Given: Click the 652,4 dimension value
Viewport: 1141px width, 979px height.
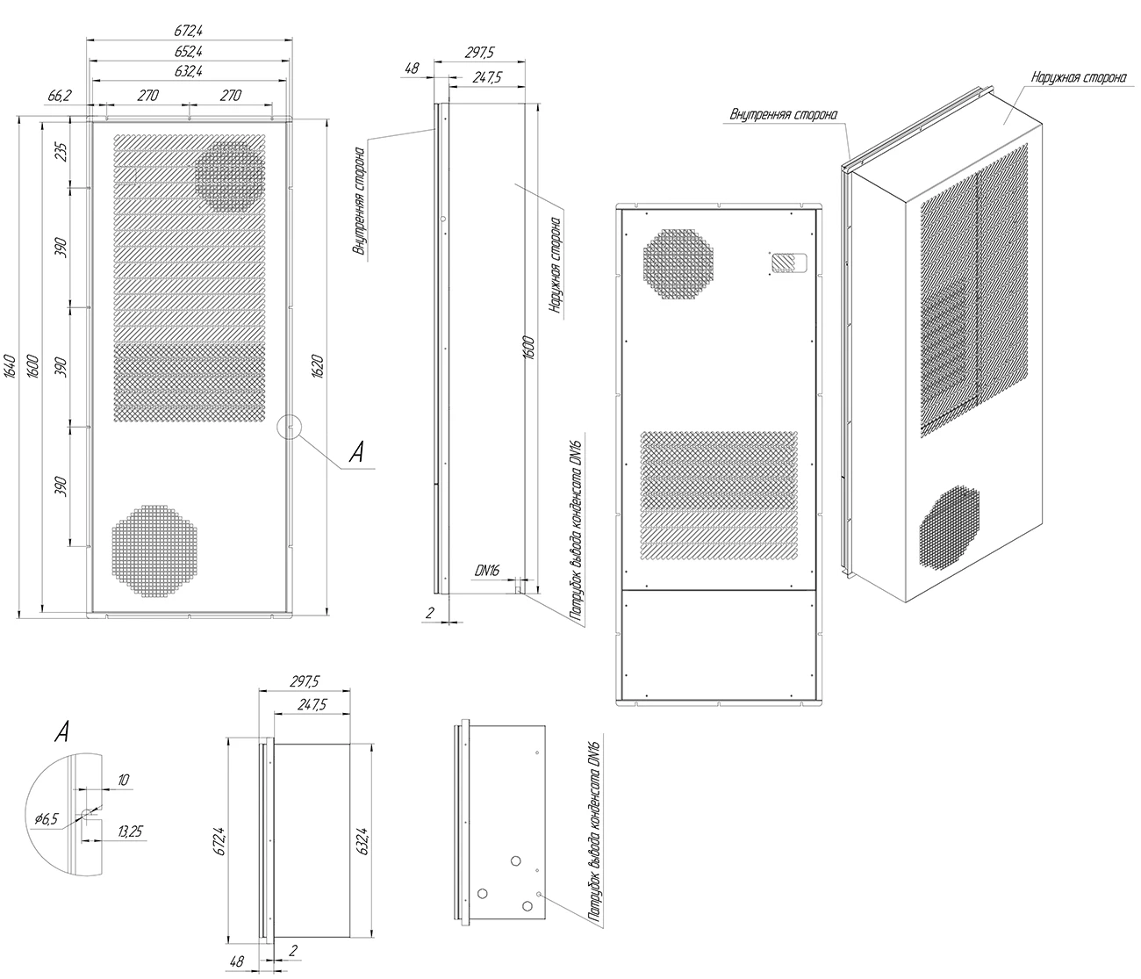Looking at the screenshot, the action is tap(189, 51).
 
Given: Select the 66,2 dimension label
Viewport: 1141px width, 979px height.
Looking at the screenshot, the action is tap(60, 96).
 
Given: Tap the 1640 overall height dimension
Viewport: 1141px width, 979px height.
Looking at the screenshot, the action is tap(11, 367).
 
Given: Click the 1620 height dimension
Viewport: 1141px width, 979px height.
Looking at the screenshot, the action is tap(318, 367).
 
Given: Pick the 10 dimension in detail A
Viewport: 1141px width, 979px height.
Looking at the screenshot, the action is tap(123, 780).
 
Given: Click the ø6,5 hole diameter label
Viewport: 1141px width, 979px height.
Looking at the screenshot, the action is tap(47, 819).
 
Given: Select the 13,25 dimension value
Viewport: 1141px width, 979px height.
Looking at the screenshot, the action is tap(131, 831).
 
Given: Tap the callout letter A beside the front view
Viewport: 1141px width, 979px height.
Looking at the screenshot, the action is tap(356, 452).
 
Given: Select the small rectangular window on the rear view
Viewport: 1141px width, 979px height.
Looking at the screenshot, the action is tap(789, 263).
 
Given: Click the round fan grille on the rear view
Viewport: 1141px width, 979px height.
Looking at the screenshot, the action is tap(678, 264).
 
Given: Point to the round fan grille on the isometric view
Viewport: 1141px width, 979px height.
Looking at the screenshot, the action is tap(949, 526).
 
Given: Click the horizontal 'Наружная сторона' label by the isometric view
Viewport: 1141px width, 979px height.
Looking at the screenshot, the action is tap(1079, 76).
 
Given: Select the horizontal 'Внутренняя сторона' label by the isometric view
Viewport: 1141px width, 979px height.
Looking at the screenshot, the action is tap(783, 114).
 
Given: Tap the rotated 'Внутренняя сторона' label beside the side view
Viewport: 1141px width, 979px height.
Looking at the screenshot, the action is tap(360, 200).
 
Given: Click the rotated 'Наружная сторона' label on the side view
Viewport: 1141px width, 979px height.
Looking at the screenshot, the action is tap(556, 265).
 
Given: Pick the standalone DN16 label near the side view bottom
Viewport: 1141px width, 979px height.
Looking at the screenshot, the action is tap(487, 571).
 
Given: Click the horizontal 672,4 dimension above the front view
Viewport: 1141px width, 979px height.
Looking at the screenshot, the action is tap(189, 31).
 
